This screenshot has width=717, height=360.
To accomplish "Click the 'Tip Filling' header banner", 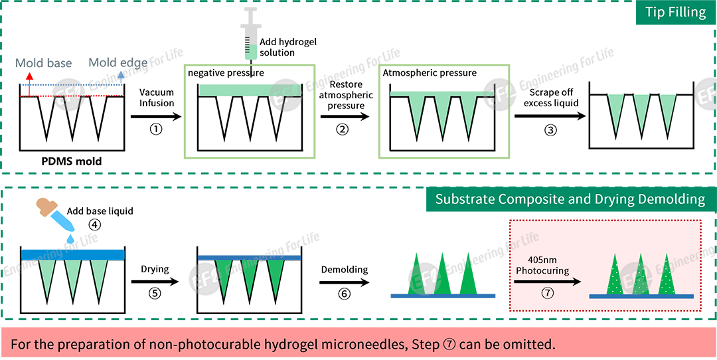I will (675, 13).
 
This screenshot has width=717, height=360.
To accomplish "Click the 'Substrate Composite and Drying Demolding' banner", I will (570, 199).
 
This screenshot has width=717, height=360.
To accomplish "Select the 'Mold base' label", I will (44, 64).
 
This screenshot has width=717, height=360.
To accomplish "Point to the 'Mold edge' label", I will (118, 63).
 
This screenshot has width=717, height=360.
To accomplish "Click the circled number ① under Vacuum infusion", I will (156, 130).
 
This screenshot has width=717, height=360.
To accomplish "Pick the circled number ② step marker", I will (342, 130).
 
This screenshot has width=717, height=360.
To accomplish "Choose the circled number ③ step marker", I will (550, 130).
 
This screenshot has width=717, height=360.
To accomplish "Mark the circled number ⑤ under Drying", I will (155, 294).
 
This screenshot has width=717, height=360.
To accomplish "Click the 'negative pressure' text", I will (226, 73).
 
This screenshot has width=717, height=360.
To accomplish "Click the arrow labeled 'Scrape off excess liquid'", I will (550, 116).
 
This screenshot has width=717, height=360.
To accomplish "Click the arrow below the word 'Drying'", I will (155, 281).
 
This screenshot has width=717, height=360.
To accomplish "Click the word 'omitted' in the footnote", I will (524, 345).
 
